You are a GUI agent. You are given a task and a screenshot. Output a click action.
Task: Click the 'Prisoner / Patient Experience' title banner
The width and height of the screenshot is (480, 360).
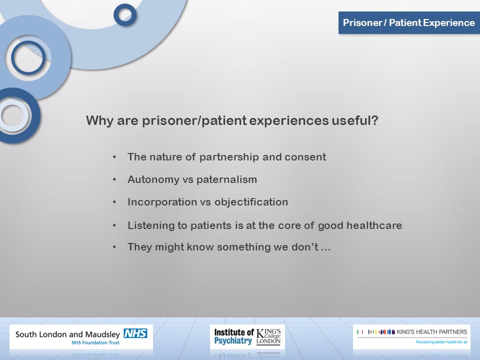[409, 22]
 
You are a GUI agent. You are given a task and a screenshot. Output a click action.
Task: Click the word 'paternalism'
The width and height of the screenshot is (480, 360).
[226, 179]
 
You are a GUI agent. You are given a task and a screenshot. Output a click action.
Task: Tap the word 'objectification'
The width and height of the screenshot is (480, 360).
[251, 202]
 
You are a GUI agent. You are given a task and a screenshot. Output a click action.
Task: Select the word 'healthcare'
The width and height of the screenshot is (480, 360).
[374, 225]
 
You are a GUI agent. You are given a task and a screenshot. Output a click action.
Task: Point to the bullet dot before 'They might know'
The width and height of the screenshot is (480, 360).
[114, 247]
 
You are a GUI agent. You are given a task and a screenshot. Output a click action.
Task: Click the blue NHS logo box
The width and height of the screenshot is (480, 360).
[135, 333]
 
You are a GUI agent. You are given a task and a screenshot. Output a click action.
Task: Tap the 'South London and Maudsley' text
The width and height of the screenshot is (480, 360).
[67, 334]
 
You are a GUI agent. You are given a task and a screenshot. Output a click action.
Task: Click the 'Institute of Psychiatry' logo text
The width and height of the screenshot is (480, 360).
[233, 336]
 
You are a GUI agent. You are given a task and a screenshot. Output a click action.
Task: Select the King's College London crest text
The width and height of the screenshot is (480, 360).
[268, 336]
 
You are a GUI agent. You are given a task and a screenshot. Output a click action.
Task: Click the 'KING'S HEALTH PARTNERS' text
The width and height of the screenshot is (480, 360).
[431, 332]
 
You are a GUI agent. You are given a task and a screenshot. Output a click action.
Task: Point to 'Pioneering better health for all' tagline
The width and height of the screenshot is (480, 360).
[441, 342]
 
